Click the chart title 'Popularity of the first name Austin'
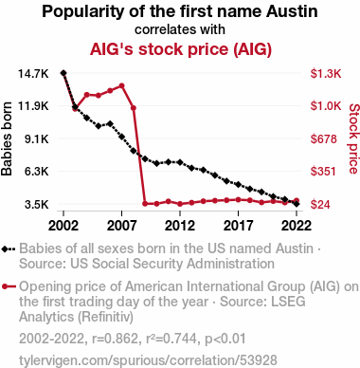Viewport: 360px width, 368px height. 180,11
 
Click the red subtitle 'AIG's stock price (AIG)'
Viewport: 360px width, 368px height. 181,49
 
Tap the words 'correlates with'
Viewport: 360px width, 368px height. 180,29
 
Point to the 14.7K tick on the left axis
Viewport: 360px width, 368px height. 33,74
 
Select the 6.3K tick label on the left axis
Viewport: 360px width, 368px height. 36,172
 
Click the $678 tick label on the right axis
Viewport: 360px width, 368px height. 324,138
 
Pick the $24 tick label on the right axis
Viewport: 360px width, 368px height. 320,204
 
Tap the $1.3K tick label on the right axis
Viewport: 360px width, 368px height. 326,74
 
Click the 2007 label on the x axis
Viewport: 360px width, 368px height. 121,226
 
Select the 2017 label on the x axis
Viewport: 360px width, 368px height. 238,226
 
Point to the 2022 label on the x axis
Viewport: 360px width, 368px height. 297,226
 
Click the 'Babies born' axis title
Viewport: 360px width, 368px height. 7,138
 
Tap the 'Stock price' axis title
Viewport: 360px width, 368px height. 354,138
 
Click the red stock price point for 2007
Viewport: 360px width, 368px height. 121,85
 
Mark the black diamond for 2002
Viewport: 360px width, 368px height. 63,73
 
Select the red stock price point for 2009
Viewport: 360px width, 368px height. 145,204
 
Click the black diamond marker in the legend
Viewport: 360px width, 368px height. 5,249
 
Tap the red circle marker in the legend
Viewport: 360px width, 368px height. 5,286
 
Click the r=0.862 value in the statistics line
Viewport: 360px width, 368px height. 115,339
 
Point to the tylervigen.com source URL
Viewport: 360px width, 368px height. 148,360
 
